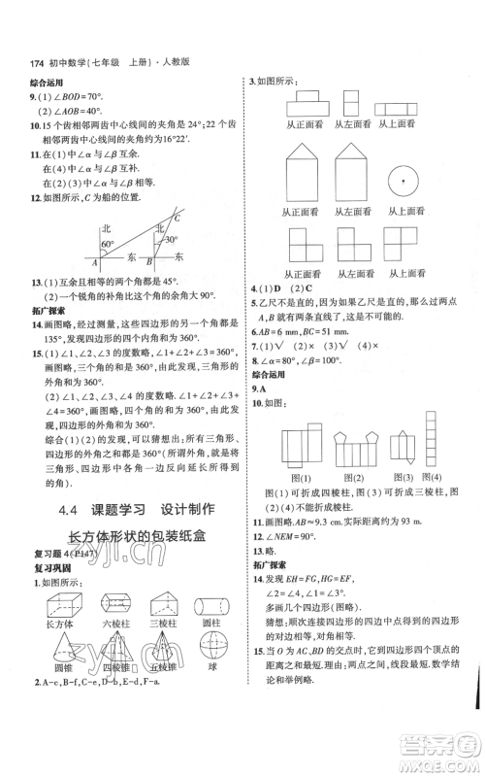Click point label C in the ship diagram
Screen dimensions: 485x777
coord(177,218)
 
